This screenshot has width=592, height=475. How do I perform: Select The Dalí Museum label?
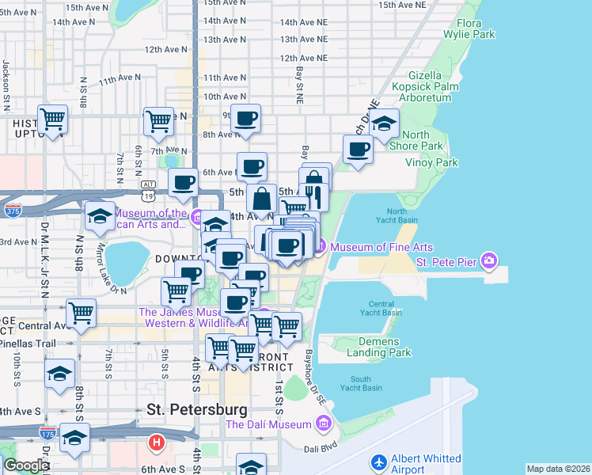(x=268, y=425)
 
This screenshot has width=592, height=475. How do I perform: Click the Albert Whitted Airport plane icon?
(x=379, y=461)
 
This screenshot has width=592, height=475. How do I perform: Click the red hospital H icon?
(x=157, y=441)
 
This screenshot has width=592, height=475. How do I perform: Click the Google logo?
(x=26, y=465)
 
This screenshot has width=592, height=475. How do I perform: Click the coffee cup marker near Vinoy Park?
(x=358, y=149)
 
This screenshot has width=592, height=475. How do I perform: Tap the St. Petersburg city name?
(x=197, y=409)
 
